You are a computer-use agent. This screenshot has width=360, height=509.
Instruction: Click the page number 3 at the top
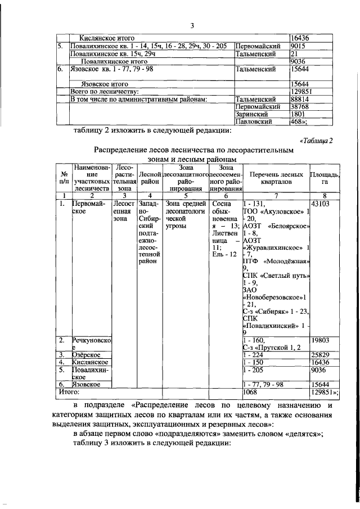tap(192, 25)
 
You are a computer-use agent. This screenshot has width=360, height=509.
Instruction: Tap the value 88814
tap(300, 99)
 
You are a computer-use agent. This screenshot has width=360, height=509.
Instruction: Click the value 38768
tap(300, 106)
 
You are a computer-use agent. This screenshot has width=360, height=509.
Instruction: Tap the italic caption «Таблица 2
tap(317, 141)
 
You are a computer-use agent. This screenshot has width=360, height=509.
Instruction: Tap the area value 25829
tap(321, 355)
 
